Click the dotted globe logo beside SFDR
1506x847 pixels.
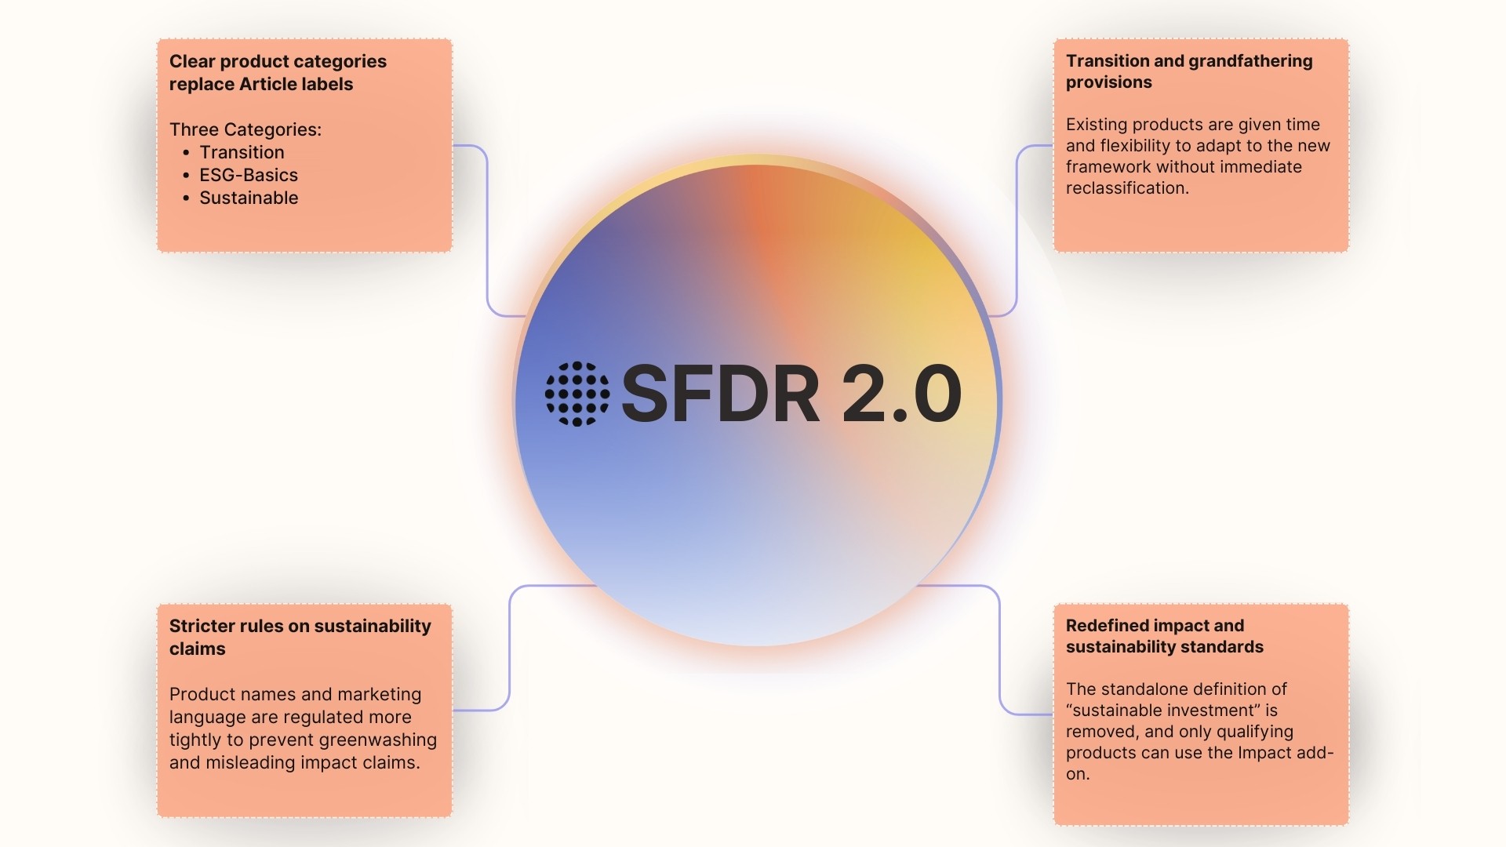pos(577,394)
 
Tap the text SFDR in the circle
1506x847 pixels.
pos(720,394)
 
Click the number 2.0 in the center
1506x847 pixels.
pos(901,394)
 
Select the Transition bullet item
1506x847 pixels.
pos(242,152)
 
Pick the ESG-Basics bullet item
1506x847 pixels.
pos(248,175)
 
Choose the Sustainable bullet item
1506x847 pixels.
pos(248,198)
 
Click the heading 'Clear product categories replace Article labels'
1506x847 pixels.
pos(278,73)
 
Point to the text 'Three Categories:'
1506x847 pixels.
pos(246,129)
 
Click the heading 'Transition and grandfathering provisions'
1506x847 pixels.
pos(1188,71)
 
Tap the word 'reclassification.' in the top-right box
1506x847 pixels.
pos(1127,188)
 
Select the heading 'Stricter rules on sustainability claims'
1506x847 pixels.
pos(300,637)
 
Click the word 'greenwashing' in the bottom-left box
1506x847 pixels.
pos(377,740)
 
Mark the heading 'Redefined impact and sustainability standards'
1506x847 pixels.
pos(1164,636)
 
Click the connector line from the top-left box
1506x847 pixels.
pos(487,235)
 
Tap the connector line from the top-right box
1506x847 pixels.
pos(1017,235)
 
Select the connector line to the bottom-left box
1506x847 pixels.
pos(510,651)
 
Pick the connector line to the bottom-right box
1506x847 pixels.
pos(999,651)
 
